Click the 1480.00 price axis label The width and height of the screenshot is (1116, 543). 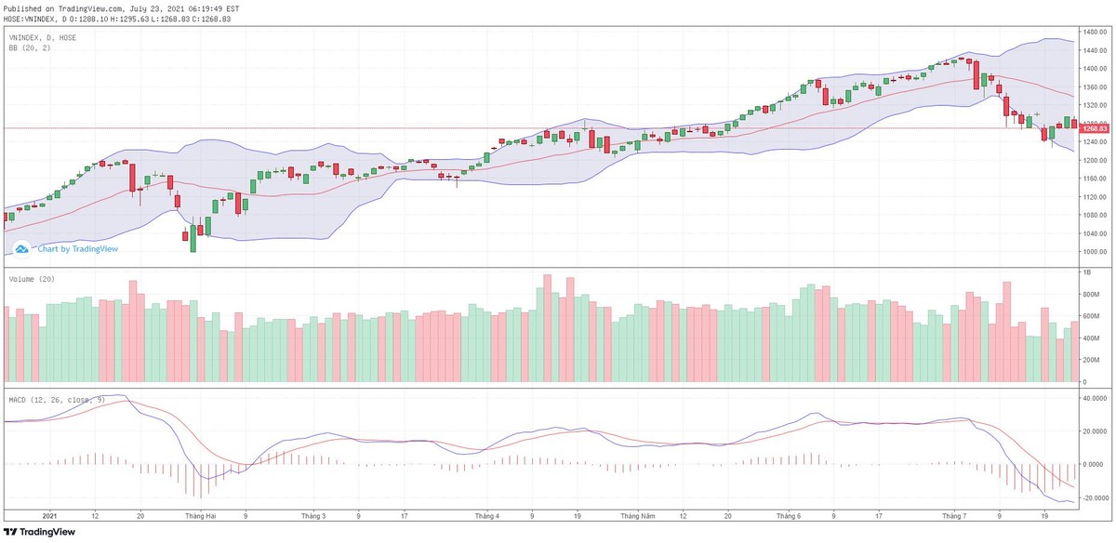[1093, 33]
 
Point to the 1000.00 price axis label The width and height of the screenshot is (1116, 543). [1093, 252]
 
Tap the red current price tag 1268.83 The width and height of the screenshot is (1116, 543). [1094, 128]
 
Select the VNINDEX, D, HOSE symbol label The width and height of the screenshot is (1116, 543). [43, 38]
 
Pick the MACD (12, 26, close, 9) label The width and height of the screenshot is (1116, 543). [57, 400]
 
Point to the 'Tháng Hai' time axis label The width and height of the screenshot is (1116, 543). [200, 514]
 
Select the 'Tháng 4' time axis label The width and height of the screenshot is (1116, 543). [486, 514]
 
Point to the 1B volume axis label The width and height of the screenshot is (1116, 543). [1083, 272]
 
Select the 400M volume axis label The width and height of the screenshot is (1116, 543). [1089, 362]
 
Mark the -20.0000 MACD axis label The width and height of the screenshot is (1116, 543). [1095, 498]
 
